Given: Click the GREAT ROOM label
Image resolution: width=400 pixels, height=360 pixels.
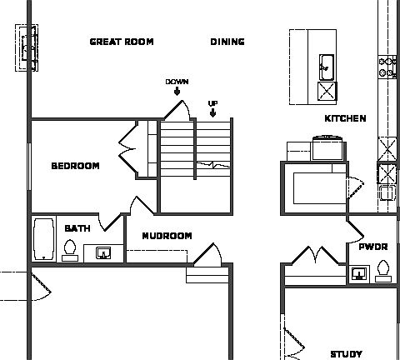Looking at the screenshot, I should click(122, 42).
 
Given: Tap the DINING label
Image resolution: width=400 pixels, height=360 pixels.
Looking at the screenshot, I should click(227, 42).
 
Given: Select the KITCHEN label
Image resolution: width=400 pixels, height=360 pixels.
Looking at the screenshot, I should click(345, 118).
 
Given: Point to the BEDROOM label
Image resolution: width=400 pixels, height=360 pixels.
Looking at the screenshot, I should click(75, 166).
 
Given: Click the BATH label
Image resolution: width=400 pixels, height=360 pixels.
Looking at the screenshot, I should click(77, 227).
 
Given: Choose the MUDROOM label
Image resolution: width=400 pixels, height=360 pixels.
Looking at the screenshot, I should click(167, 236).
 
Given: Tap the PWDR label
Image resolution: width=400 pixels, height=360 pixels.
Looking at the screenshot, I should click(372, 247).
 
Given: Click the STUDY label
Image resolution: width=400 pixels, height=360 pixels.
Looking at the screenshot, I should click(346, 353).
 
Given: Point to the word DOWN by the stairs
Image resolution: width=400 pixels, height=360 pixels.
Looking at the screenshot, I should click(177, 82).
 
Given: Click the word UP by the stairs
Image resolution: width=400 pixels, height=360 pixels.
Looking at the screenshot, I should click(212, 103).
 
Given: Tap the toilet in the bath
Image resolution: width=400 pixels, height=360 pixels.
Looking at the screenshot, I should click(71, 250).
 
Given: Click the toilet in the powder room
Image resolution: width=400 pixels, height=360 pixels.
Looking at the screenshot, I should click(382, 270).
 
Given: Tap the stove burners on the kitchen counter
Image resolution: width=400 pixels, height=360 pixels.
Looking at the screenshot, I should click(387, 67).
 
